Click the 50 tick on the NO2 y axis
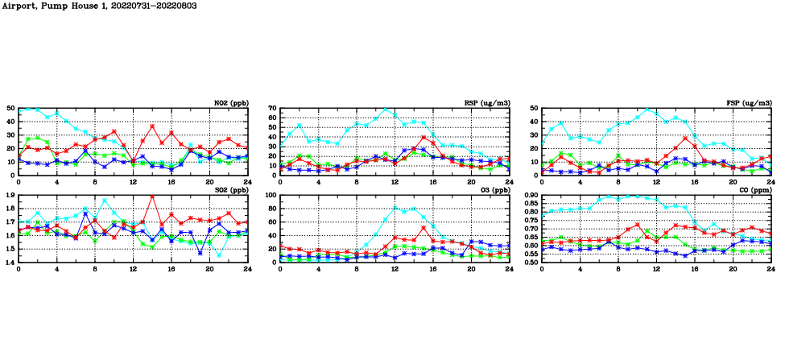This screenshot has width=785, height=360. (x=10, y=108)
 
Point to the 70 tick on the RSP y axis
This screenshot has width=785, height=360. (x=271, y=108)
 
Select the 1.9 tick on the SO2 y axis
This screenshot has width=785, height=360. (x=10, y=196)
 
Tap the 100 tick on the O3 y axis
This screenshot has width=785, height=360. (x=270, y=196)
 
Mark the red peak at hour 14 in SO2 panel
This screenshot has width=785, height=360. (x=152, y=197)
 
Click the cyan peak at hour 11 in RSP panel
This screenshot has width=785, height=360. (x=385, y=110)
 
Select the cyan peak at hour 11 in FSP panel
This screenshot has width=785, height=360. (x=647, y=110)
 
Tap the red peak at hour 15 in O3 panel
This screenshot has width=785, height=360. (x=423, y=228)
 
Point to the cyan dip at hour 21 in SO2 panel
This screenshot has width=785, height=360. (x=219, y=255)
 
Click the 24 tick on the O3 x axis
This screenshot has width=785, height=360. (x=509, y=268)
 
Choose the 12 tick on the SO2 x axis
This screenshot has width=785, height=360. (x=133, y=268)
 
